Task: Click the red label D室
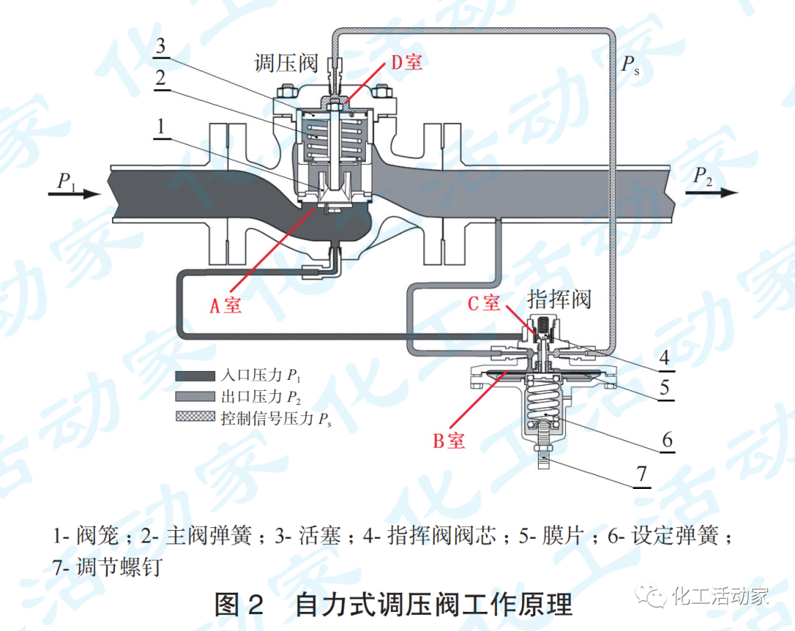(x=406, y=63)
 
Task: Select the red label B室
(x=448, y=441)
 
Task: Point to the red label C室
(x=484, y=303)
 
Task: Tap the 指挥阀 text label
(x=559, y=300)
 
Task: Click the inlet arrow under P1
(x=74, y=194)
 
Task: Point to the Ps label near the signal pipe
(x=630, y=65)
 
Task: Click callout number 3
(x=160, y=46)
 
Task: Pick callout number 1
(x=160, y=127)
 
